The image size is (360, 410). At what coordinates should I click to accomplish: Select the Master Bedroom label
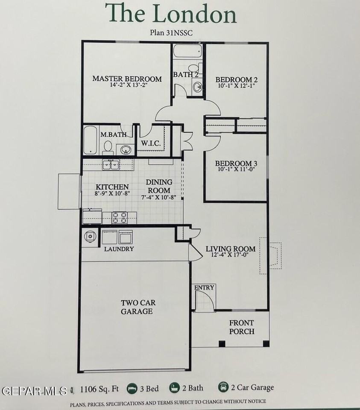click(x=127, y=79)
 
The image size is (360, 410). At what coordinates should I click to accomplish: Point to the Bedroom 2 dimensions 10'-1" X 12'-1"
click(x=236, y=85)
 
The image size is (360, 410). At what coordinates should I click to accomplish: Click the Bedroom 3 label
click(x=236, y=164)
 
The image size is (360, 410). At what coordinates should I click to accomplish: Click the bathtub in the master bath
click(x=90, y=140)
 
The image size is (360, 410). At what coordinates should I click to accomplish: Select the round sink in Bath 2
click(x=198, y=87)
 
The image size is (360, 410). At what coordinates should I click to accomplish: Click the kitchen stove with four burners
click(x=120, y=217)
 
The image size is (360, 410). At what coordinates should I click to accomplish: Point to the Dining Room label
click(x=158, y=186)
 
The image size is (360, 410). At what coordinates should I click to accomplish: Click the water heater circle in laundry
click(x=91, y=236)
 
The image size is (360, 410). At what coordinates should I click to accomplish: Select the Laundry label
click(x=119, y=249)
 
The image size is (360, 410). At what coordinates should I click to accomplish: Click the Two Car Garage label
click(x=138, y=307)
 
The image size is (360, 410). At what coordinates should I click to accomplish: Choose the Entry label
click(x=204, y=287)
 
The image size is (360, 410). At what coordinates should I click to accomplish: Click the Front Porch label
click(x=241, y=327)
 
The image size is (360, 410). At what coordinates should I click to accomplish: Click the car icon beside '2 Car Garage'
click(x=223, y=387)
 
